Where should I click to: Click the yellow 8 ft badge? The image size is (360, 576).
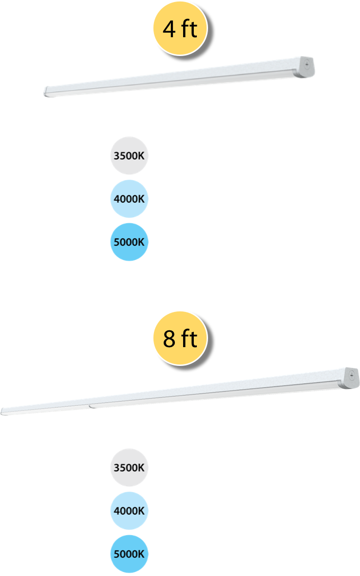(x=180, y=338)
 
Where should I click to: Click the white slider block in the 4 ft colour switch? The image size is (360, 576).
(x=74, y=214)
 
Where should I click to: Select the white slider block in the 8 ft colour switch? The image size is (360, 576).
(x=74, y=525)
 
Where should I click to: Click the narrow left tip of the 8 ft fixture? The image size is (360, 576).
(x=4, y=410)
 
